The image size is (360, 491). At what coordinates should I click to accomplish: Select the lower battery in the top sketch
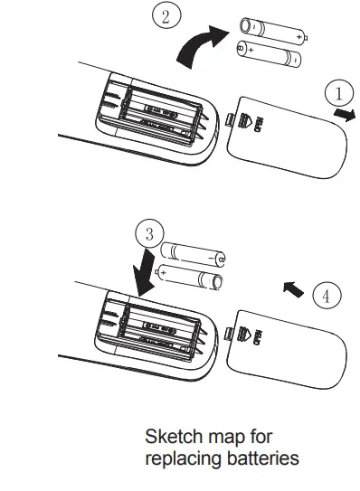click(x=269, y=55)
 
